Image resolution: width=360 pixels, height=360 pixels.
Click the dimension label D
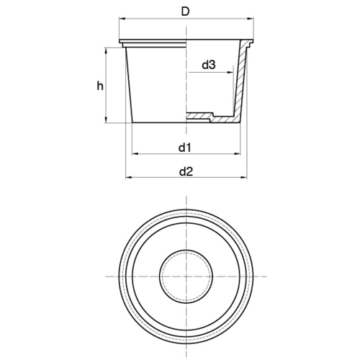(x=185, y=12)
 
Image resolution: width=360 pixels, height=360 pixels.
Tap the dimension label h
(x=100, y=86)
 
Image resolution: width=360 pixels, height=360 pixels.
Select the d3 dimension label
(x=209, y=65)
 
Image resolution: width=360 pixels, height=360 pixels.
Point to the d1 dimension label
(x=184, y=148)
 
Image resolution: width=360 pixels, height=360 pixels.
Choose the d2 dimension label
(x=186, y=171)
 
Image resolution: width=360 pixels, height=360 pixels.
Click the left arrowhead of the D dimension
(x=122, y=18)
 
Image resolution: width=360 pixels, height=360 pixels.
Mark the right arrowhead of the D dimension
(x=251, y=18)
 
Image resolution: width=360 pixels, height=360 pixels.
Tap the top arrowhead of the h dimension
(x=106, y=51)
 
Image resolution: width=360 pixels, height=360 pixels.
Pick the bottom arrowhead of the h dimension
(x=106, y=120)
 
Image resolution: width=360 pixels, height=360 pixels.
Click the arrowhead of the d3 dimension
(x=230, y=72)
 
